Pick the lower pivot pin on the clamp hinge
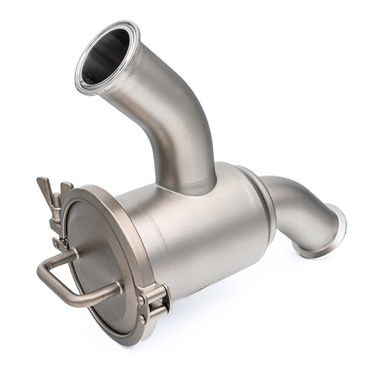(144, 319)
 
